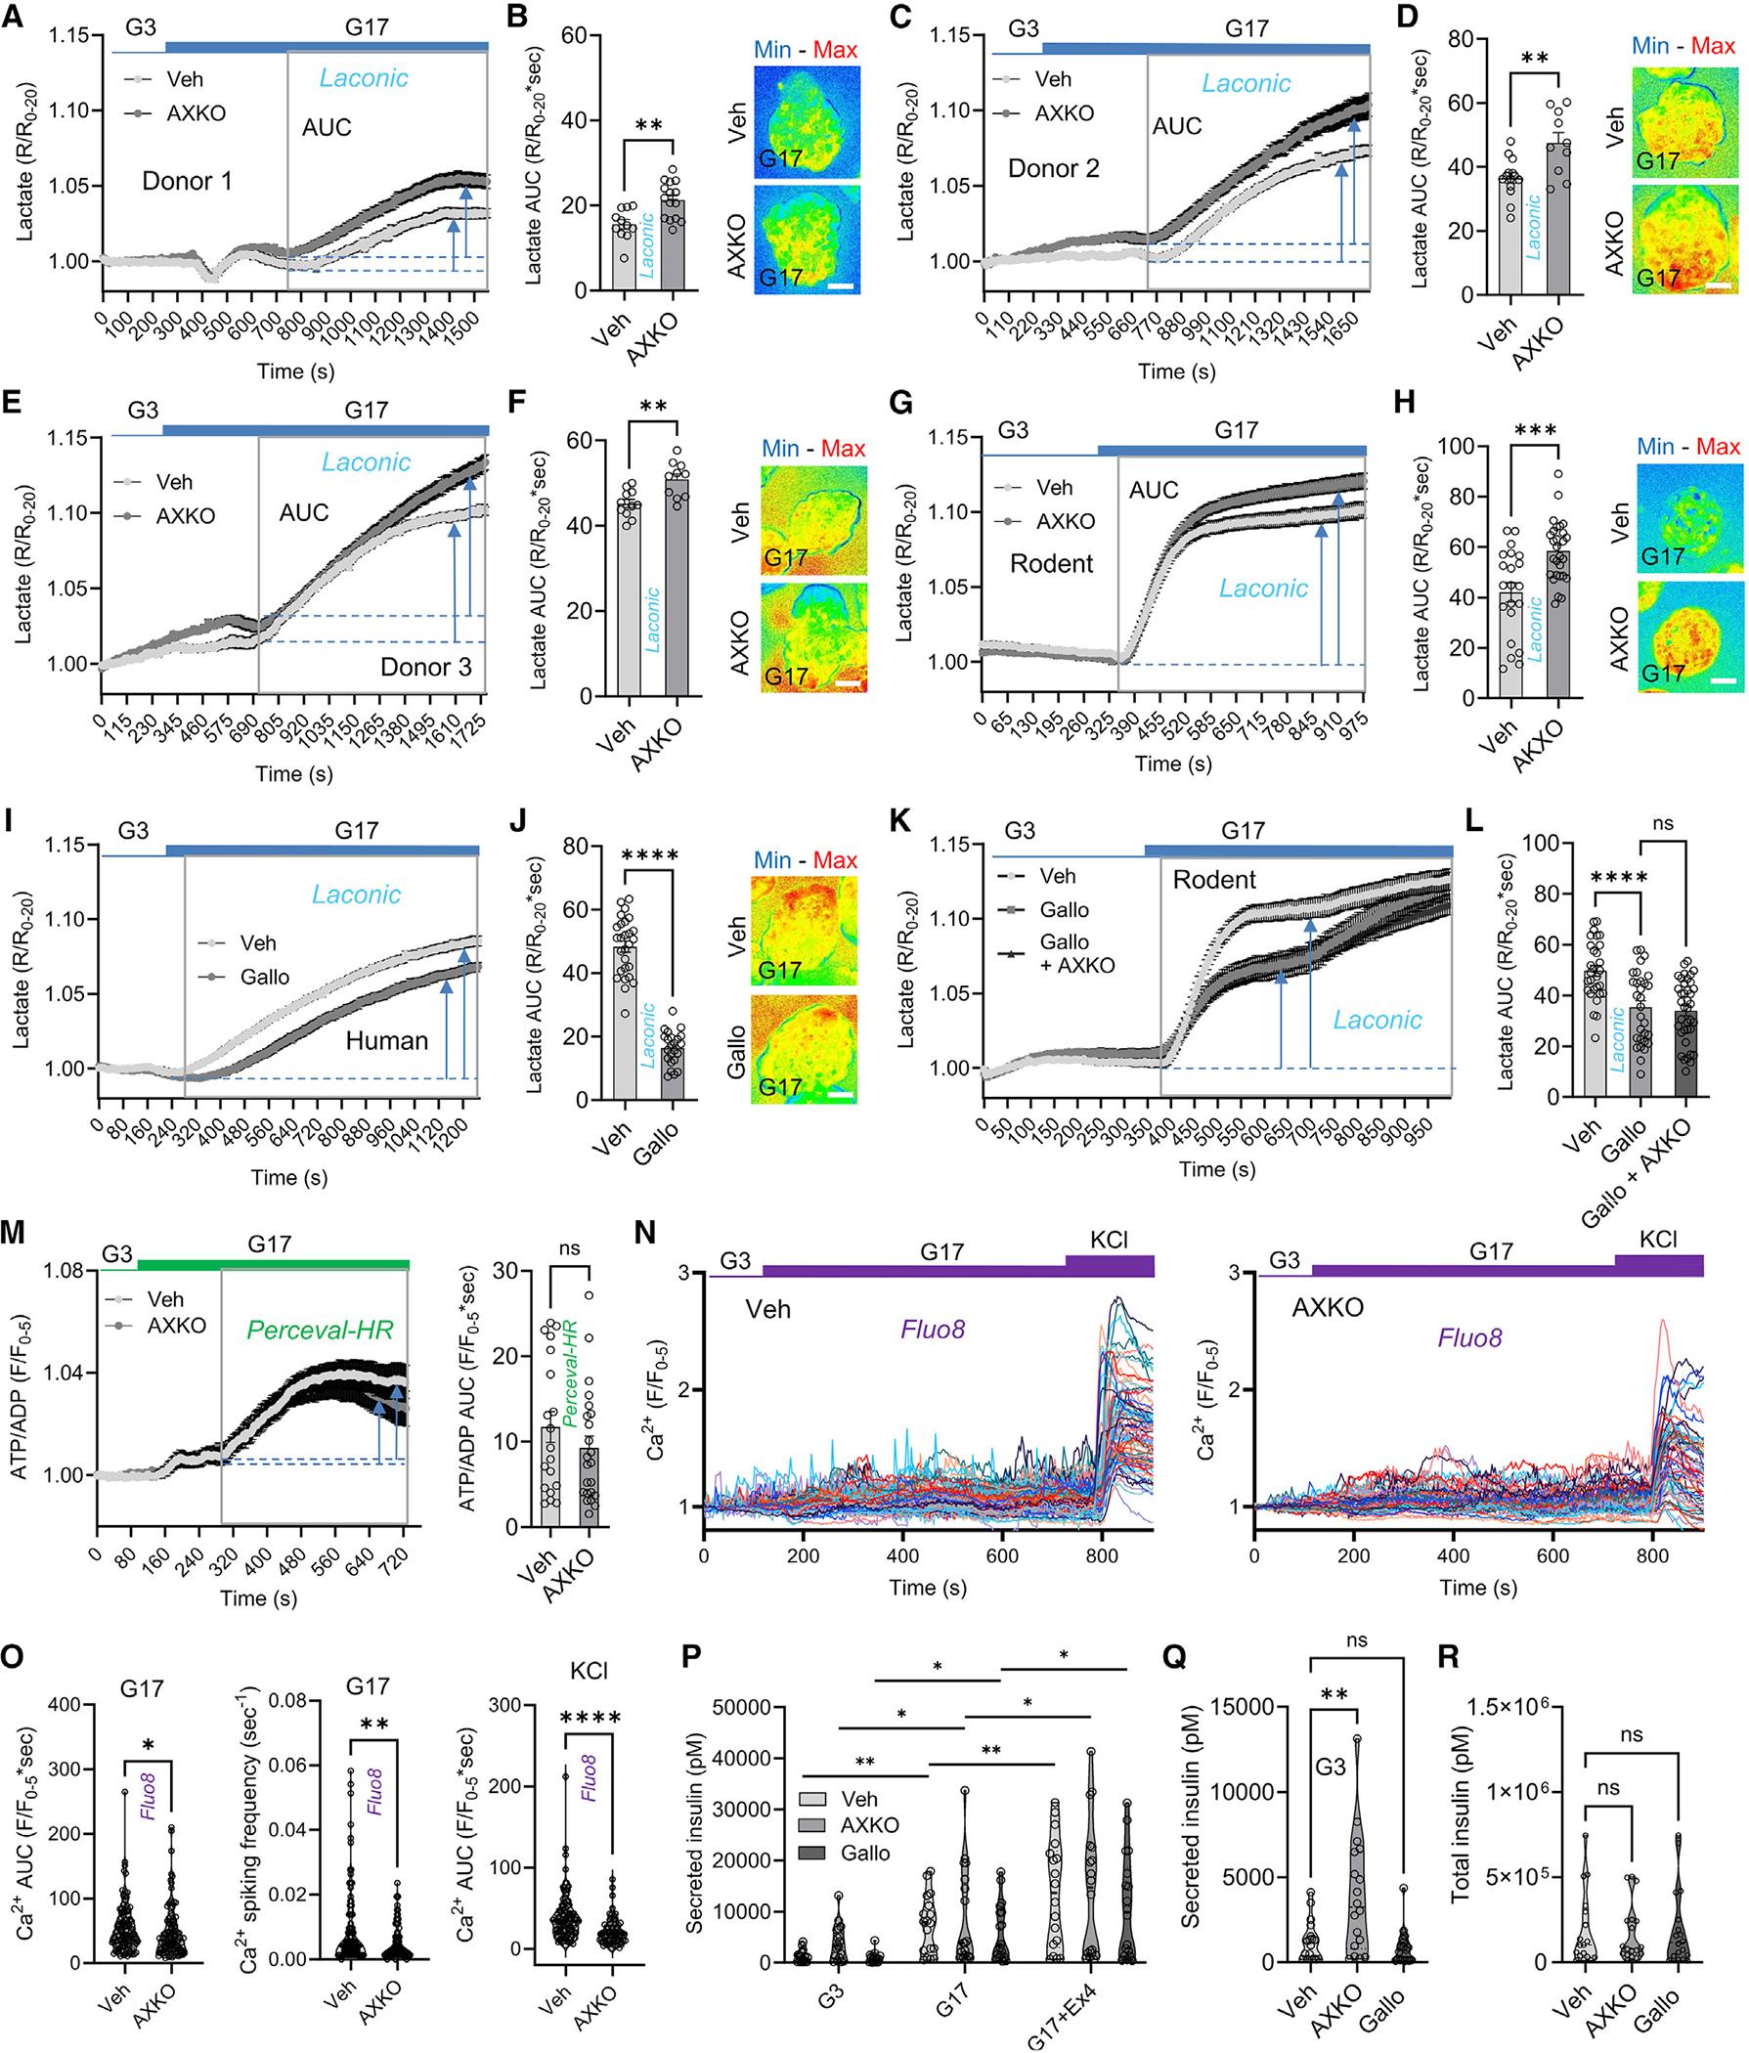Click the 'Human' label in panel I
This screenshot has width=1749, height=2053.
[386, 1041]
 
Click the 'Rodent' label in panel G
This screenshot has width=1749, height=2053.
[1051, 564]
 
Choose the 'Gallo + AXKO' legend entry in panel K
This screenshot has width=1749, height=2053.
[1064, 952]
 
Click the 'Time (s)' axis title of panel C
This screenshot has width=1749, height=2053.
[1175, 372]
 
